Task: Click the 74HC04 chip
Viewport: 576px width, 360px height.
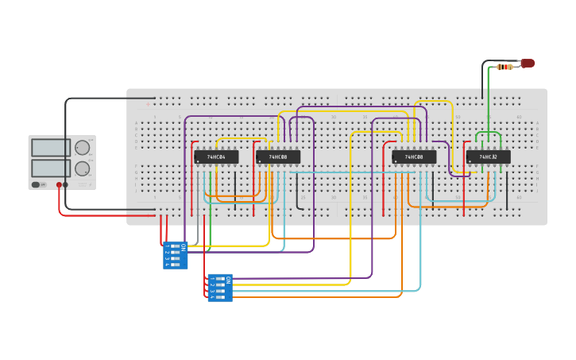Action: [x=215, y=157]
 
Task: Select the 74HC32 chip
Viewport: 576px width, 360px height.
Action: [x=488, y=157]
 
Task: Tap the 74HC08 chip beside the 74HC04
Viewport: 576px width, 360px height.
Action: [x=278, y=157]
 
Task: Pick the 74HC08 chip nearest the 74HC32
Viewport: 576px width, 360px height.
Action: [x=413, y=157]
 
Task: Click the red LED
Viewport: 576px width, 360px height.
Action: [x=528, y=63]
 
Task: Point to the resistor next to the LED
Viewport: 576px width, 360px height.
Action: [x=504, y=67]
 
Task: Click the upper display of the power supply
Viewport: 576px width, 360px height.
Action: [x=51, y=148]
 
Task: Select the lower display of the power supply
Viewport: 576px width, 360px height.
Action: [x=51, y=168]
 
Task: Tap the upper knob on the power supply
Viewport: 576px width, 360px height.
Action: [x=83, y=148]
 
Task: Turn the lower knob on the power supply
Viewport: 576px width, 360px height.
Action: [x=83, y=168]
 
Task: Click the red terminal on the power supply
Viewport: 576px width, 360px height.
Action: [x=59, y=184]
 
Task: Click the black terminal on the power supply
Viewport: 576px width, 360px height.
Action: [x=65, y=184]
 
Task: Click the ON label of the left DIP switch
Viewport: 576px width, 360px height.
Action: [x=184, y=248]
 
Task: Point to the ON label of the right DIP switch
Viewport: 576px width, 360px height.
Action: [x=229, y=280]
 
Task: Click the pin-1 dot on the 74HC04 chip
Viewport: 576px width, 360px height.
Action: [x=198, y=161]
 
